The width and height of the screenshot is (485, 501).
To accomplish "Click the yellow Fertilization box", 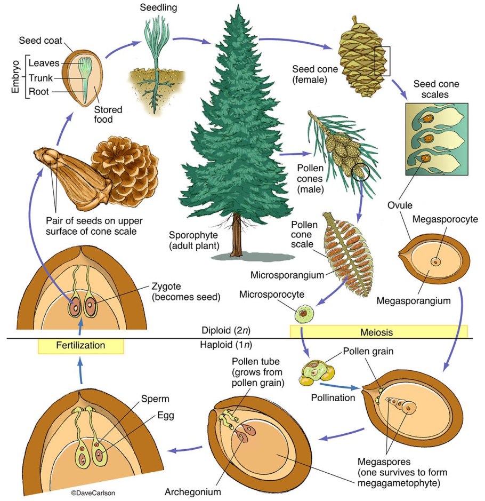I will tap(80, 346).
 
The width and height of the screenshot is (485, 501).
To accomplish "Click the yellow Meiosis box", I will tap(378, 332).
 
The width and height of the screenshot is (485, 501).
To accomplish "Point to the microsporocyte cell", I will tap(304, 312).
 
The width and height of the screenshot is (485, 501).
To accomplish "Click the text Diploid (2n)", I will tap(224, 330).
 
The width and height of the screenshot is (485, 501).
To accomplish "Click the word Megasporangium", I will tap(414, 301).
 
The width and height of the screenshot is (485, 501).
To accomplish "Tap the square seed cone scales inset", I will tap(436, 139).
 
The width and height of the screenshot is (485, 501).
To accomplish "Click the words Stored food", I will tap(108, 115).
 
